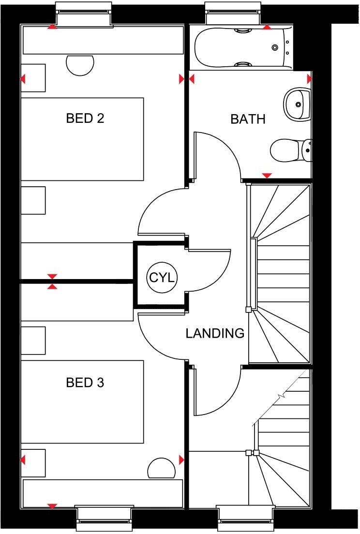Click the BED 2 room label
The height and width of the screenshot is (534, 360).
click(x=85, y=119)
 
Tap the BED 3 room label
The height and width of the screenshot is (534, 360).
click(x=85, y=383)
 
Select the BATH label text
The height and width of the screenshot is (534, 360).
click(x=248, y=119)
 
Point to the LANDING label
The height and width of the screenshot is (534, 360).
click(x=215, y=333)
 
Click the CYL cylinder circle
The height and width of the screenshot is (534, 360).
click(x=162, y=278)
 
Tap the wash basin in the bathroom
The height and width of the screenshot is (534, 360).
click(x=297, y=104)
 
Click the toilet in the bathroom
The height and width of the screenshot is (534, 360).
click(x=290, y=150)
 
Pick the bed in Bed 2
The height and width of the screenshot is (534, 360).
click(x=82, y=139)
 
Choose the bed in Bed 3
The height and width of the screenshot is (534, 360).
click(x=82, y=401)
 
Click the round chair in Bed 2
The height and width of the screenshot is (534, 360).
click(x=80, y=65)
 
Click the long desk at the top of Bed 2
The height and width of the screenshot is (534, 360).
click(x=102, y=40)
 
